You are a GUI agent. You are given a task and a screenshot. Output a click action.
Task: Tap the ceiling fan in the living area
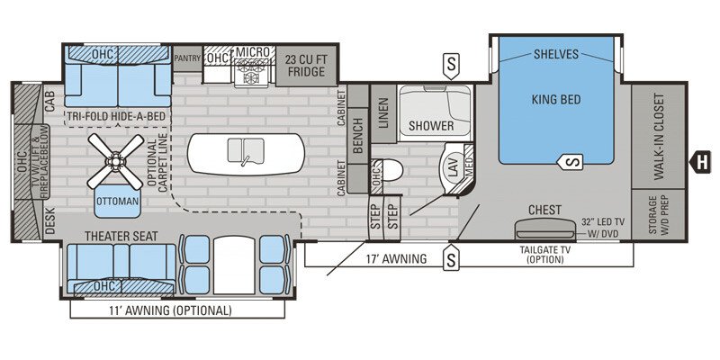click(x=116, y=161)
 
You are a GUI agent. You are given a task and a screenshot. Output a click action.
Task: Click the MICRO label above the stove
click(x=254, y=52)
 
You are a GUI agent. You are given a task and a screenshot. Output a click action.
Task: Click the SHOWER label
click(x=431, y=126)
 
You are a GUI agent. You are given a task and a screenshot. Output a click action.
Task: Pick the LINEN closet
click(x=382, y=115)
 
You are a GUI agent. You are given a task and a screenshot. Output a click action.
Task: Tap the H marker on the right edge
click(x=698, y=162)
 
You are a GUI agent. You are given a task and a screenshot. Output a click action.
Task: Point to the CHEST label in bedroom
click(x=544, y=210)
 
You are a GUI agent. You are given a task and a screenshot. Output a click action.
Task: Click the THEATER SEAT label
click(x=121, y=236)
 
